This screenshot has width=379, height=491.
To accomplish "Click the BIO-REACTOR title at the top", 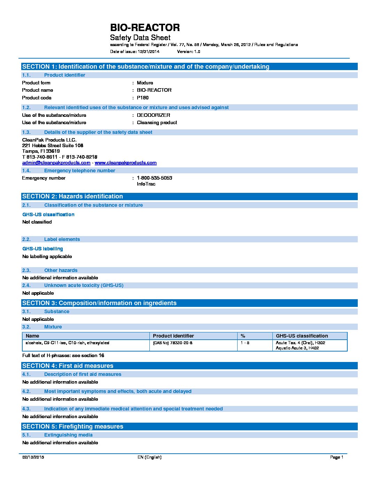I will pos(145,28).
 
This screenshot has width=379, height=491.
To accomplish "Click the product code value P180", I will pos(142,98).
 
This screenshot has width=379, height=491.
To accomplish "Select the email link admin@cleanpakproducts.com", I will pos(56,163).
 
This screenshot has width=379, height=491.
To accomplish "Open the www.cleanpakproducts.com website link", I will pos(125,163).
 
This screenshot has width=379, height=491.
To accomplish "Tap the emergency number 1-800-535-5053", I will pos(154,178).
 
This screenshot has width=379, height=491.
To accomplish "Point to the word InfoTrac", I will pos(146,184).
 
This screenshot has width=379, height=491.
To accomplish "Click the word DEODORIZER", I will pos(153,115).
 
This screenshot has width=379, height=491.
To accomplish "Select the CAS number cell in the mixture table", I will pos(173,343).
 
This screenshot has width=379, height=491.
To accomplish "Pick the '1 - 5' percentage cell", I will pos(245,343).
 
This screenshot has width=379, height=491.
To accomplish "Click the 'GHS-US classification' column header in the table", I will pos(302,336).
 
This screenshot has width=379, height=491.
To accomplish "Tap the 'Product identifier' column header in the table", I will pos(173,336).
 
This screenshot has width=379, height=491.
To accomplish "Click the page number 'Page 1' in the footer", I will pos(337,457).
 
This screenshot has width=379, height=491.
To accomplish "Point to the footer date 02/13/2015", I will pos(33,457).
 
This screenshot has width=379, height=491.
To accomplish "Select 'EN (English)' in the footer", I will pos(149,457).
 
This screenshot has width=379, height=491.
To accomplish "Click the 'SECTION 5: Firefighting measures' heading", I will pos(72,426).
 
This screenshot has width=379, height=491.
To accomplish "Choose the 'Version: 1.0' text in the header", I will pos(188,52).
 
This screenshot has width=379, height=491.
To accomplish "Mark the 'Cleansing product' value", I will pos(157,122).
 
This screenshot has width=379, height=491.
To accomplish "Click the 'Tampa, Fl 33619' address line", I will pos(41,151).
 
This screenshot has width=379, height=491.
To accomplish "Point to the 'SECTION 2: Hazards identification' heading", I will pos(72,196).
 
